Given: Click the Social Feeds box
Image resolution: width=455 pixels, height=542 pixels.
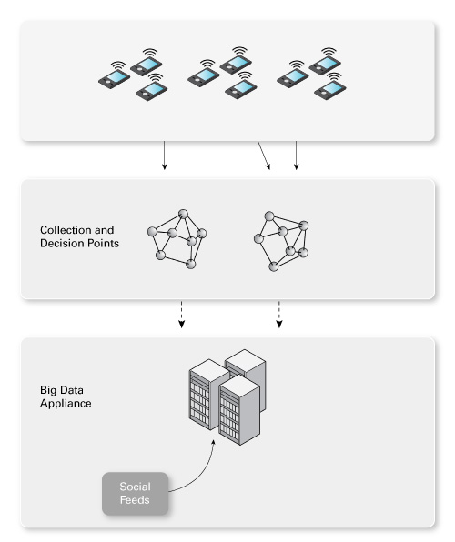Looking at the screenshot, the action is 135,493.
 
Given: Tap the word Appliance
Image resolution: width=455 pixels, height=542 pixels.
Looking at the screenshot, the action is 66,404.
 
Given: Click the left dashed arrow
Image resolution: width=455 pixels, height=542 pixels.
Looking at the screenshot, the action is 181,315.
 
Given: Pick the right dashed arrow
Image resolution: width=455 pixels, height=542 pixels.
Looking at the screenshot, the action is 278,315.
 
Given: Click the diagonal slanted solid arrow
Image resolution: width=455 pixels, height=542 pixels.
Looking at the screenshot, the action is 264,156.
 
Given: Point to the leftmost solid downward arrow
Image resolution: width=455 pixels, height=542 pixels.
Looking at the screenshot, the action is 165,156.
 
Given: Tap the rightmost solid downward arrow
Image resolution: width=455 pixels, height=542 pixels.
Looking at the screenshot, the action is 296,156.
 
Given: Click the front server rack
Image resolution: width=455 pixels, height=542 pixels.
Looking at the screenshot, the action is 239,410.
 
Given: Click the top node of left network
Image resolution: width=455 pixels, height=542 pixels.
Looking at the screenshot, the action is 183,214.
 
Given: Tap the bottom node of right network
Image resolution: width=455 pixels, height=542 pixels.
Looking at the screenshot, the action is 273,266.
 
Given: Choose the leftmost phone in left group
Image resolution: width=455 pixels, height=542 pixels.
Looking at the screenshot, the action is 114,79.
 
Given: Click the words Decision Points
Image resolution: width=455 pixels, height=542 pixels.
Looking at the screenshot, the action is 79,244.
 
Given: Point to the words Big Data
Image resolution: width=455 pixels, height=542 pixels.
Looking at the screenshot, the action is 62,390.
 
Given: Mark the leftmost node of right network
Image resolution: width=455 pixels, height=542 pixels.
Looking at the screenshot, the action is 258,238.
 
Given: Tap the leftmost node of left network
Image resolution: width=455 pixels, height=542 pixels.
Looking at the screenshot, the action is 152,231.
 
